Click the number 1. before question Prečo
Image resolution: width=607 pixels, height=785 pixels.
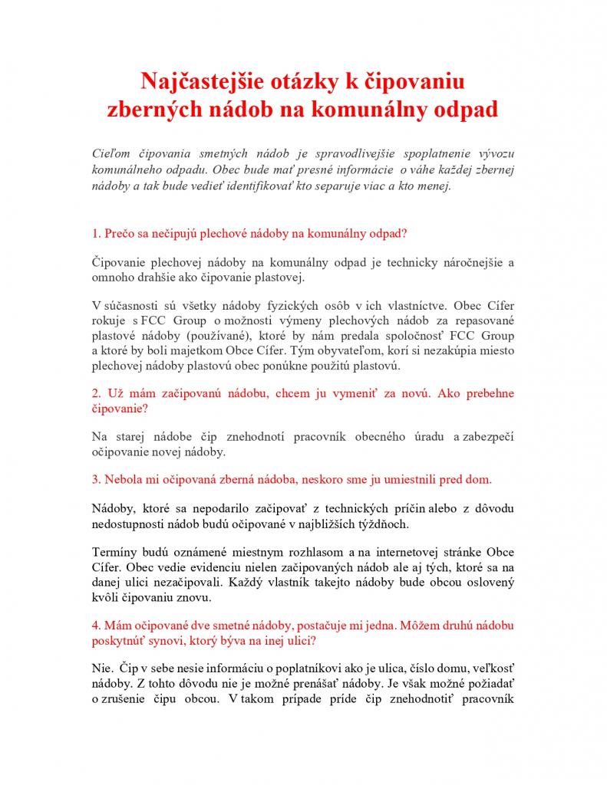point(96,232)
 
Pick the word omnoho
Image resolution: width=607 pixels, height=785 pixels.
point(113,278)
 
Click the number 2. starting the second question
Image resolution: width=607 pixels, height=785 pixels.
point(96,393)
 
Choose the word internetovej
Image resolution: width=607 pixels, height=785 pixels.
point(404,553)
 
